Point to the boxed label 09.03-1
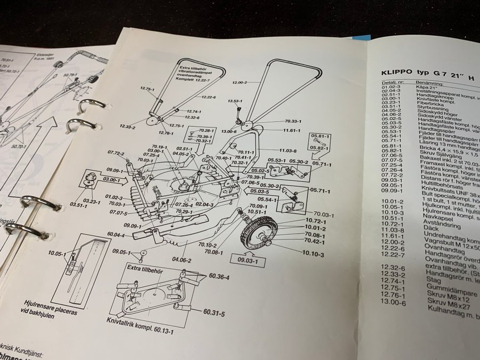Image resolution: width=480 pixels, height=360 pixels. point(246,261)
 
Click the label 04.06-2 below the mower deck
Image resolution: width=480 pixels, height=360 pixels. point(181,260)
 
